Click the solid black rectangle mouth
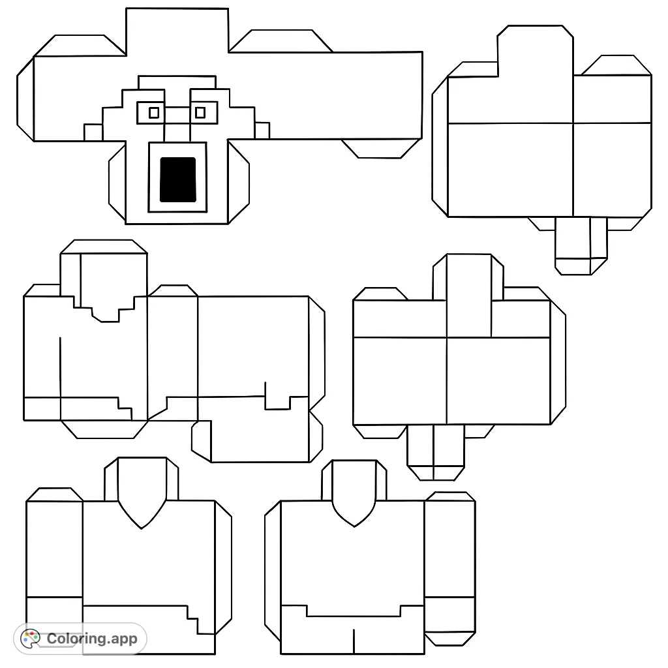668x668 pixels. [178, 179]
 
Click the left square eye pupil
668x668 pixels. [154, 113]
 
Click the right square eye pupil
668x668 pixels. [200, 113]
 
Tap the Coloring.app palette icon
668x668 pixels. [30, 638]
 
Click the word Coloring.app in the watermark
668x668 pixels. [92, 639]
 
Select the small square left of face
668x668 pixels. [93, 132]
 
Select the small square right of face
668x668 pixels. [262, 130]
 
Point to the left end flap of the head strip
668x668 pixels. [25, 98]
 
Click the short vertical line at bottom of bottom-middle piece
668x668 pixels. [354, 641]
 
